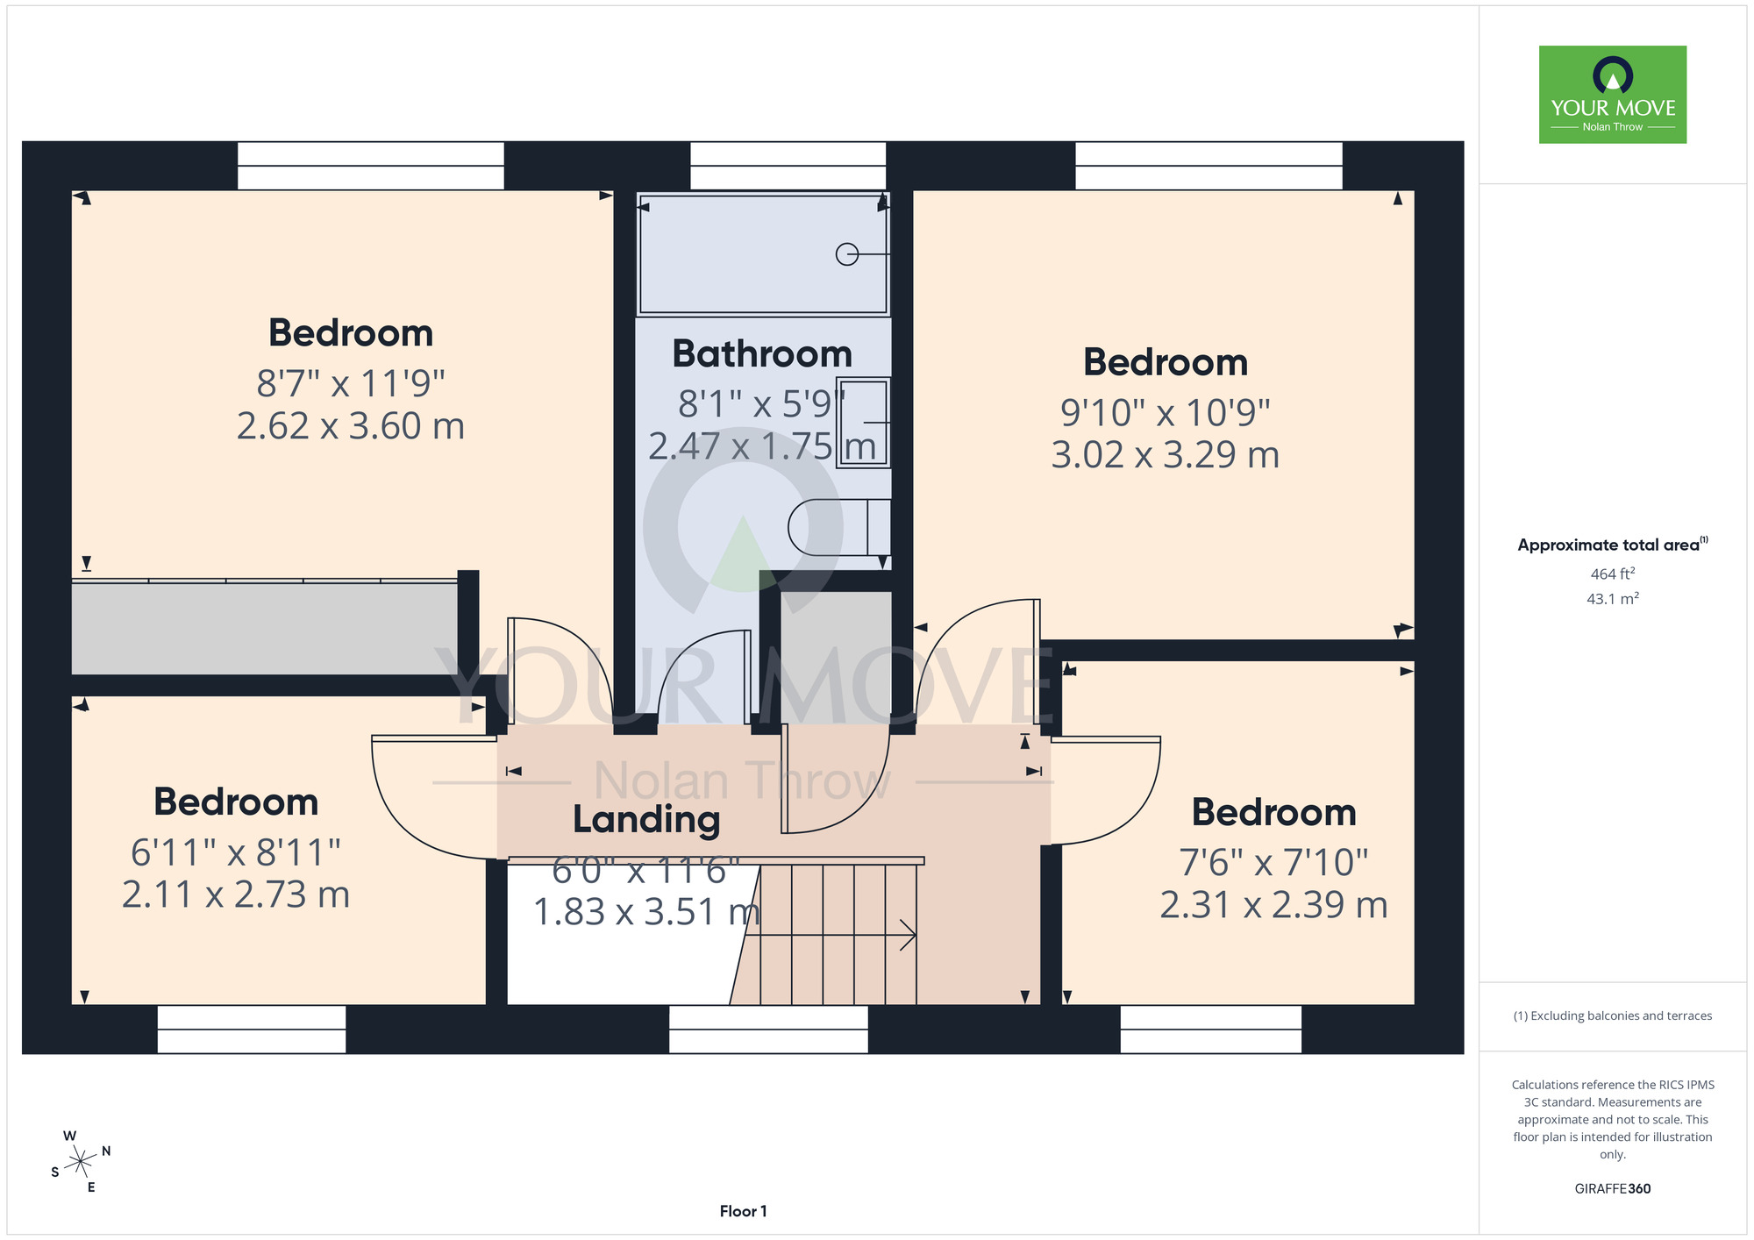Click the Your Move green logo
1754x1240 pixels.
pos(1612,95)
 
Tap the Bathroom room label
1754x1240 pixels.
pos(762,354)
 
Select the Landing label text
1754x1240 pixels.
pos(646,819)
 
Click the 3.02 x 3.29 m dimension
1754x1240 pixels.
pos(1165,454)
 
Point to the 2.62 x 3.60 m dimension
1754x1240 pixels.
pos(351,426)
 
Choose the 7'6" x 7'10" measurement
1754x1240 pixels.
pos(1273,862)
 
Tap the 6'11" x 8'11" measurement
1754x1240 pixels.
pos(236,852)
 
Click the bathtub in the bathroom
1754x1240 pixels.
pos(763,253)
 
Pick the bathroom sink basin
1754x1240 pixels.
pos(863,422)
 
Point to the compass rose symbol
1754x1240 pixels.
pos(80,1162)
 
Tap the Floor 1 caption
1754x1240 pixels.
pos(743,1211)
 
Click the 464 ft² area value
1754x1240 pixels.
pos(1612,574)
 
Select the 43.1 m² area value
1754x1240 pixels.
pos(1612,599)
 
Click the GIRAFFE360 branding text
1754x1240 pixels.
pos(1612,1189)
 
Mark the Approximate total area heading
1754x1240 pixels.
pos(1612,545)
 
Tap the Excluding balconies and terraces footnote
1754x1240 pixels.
pos(1612,1016)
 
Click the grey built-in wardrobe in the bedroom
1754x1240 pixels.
pos(264,628)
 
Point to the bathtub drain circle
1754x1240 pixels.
pos(847,254)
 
